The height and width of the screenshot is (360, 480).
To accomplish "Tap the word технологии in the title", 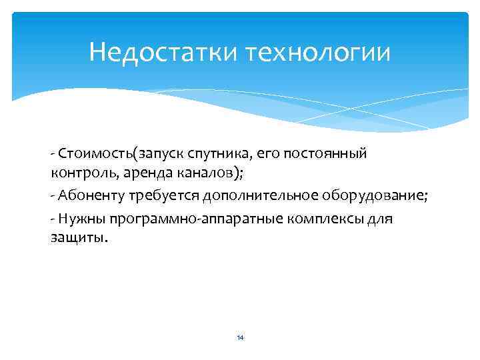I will click(319, 52).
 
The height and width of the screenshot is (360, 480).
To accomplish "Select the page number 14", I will click(240, 338).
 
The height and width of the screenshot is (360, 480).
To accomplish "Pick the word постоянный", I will click(329, 154).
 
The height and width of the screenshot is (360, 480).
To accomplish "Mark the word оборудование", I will click(379, 195).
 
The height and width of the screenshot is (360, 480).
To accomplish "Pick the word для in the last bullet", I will click(382, 217).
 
